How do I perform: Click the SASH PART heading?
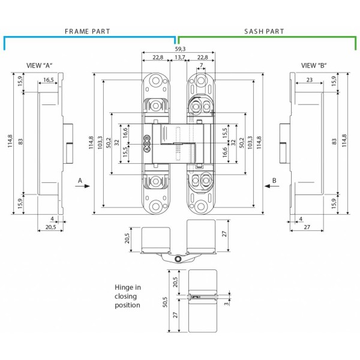click(x=264, y=31)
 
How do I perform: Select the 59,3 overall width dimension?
click(x=179, y=48)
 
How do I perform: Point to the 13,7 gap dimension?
click(x=179, y=58)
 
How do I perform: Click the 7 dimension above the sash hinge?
click(x=201, y=65)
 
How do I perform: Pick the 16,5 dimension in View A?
click(x=49, y=80)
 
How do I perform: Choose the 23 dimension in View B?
click(x=308, y=80)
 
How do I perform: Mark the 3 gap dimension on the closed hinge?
click(x=225, y=304)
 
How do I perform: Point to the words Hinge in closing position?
click(x=127, y=296)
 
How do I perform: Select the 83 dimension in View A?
click(x=20, y=142)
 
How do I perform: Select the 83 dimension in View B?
click(x=334, y=142)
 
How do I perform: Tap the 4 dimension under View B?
click(x=299, y=218)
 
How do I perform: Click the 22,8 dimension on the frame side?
click(x=158, y=58)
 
